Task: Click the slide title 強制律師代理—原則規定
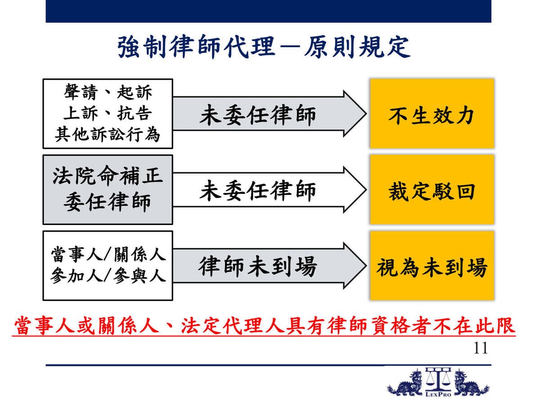pos(264,47)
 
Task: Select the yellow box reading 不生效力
pos(432,113)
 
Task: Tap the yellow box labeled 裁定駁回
pos(432,189)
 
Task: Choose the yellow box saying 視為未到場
pos(432,265)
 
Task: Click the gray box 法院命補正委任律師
pos(108,189)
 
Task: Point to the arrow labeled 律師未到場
pos(270,265)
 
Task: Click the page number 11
pos(480,348)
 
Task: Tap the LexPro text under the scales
pos(438,394)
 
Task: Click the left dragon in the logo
pos(405,383)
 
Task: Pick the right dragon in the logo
pos(471,383)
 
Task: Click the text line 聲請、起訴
pos(108,92)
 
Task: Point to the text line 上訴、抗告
pos(108,113)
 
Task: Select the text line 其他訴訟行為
pos(108,135)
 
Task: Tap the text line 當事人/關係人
pos(108,254)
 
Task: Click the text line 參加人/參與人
pos(108,275)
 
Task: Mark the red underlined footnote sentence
pos(264,326)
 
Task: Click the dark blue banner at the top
pos(268,11)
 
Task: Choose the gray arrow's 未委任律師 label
pos(257,115)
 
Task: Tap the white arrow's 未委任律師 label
pos(257,190)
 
